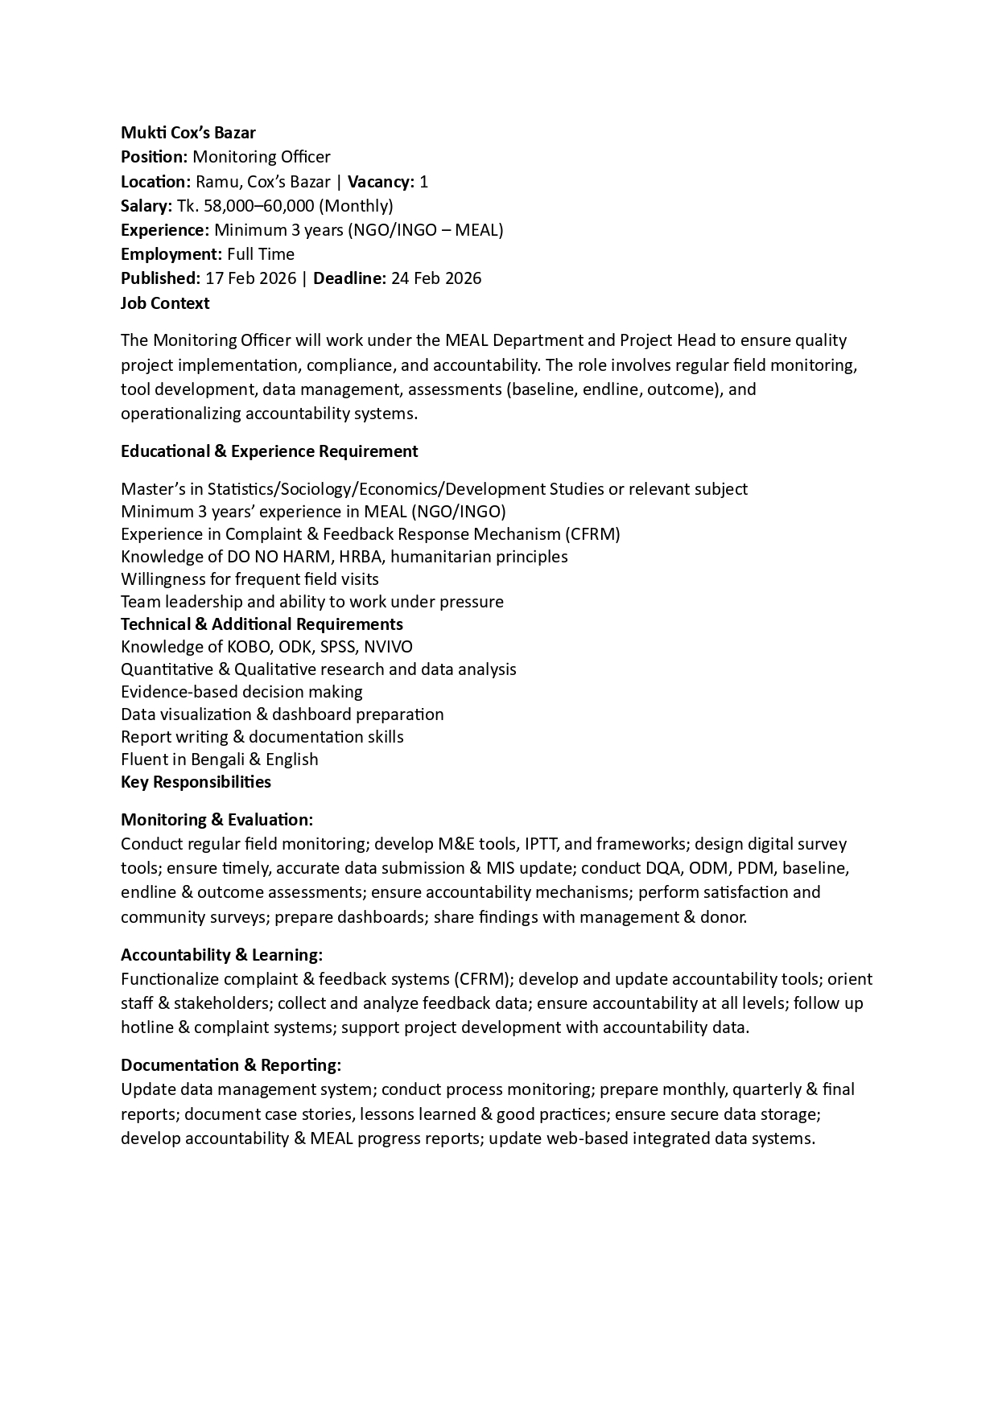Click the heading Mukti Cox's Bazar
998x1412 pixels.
coord(188,133)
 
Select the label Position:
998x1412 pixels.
coord(154,157)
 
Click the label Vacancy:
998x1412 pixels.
coord(381,181)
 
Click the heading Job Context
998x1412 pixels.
coord(165,303)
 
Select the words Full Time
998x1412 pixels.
coord(261,254)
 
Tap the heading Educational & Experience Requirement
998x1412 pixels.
coord(269,451)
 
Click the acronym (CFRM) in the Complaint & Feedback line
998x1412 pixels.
coord(592,534)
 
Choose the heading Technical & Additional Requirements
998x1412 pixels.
coord(262,624)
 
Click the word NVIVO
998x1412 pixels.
coord(388,647)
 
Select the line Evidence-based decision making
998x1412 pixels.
coord(241,692)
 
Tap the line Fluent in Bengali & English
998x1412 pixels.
coord(219,760)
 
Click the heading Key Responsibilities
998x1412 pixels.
coord(196,782)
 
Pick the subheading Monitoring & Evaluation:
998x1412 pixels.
coord(217,820)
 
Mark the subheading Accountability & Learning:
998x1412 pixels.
coord(221,955)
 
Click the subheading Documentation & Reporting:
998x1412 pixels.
coord(231,1065)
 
